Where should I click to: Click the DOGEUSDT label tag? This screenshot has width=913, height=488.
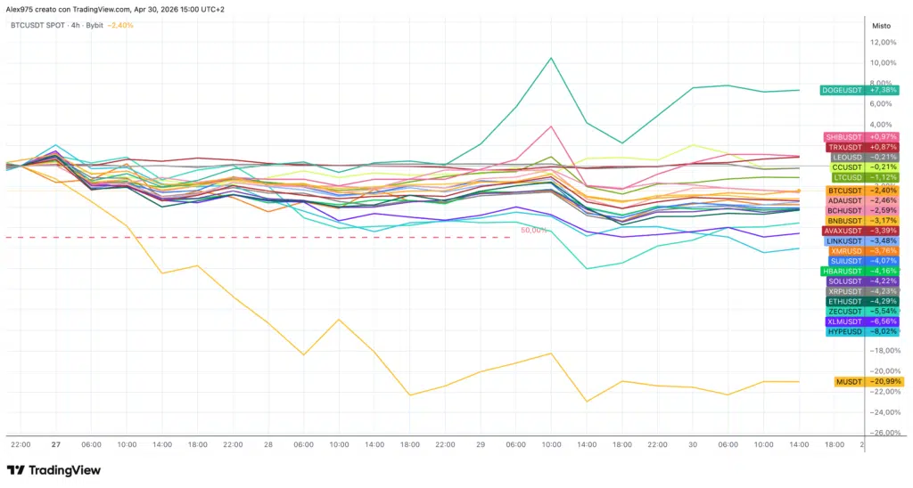(842, 90)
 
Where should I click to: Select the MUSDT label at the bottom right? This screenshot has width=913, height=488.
(847, 381)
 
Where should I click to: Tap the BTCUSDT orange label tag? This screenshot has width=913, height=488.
(844, 191)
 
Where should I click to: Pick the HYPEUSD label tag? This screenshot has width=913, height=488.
(844, 331)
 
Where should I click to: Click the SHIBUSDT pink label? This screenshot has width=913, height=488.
(843, 136)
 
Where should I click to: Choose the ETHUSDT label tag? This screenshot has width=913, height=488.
(844, 301)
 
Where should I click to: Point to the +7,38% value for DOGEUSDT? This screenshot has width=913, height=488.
(884, 90)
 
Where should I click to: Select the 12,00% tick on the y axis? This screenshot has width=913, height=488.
(882, 42)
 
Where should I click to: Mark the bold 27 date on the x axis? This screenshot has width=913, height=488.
(55, 443)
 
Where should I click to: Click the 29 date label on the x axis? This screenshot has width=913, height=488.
(481, 443)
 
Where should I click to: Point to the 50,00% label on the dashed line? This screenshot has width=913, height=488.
(533, 230)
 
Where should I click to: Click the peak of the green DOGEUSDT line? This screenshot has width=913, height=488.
(551, 58)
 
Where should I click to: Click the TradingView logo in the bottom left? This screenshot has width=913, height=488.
(53, 470)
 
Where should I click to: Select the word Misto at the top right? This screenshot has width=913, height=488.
(883, 25)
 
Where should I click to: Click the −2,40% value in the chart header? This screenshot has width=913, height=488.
(119, 25)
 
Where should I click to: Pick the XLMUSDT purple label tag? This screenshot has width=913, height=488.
(844, 321)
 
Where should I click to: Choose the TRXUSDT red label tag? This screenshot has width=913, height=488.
(843, 147)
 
